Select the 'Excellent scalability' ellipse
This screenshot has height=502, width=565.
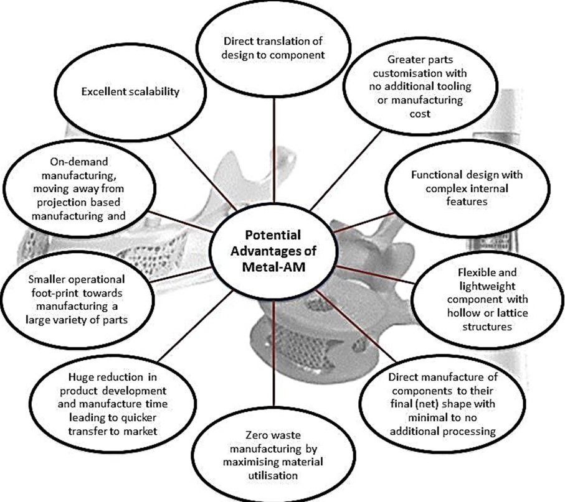130,91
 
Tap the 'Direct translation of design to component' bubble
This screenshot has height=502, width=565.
274,49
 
